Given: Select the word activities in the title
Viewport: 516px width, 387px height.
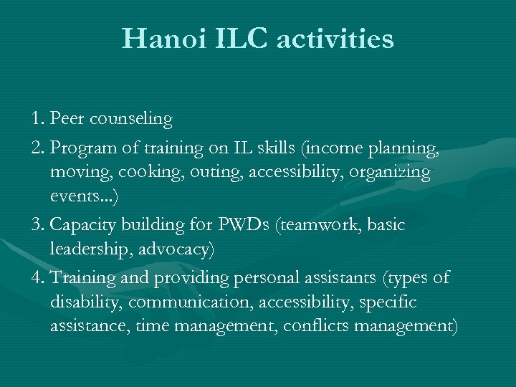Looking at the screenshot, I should [335, 39].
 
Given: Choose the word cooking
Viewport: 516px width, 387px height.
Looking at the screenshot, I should [143, 173].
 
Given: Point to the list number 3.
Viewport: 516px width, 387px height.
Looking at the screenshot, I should [37, 225].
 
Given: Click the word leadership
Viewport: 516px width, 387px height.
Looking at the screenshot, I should [89, 249].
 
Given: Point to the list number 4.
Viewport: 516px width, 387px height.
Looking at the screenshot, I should [37, 277].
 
